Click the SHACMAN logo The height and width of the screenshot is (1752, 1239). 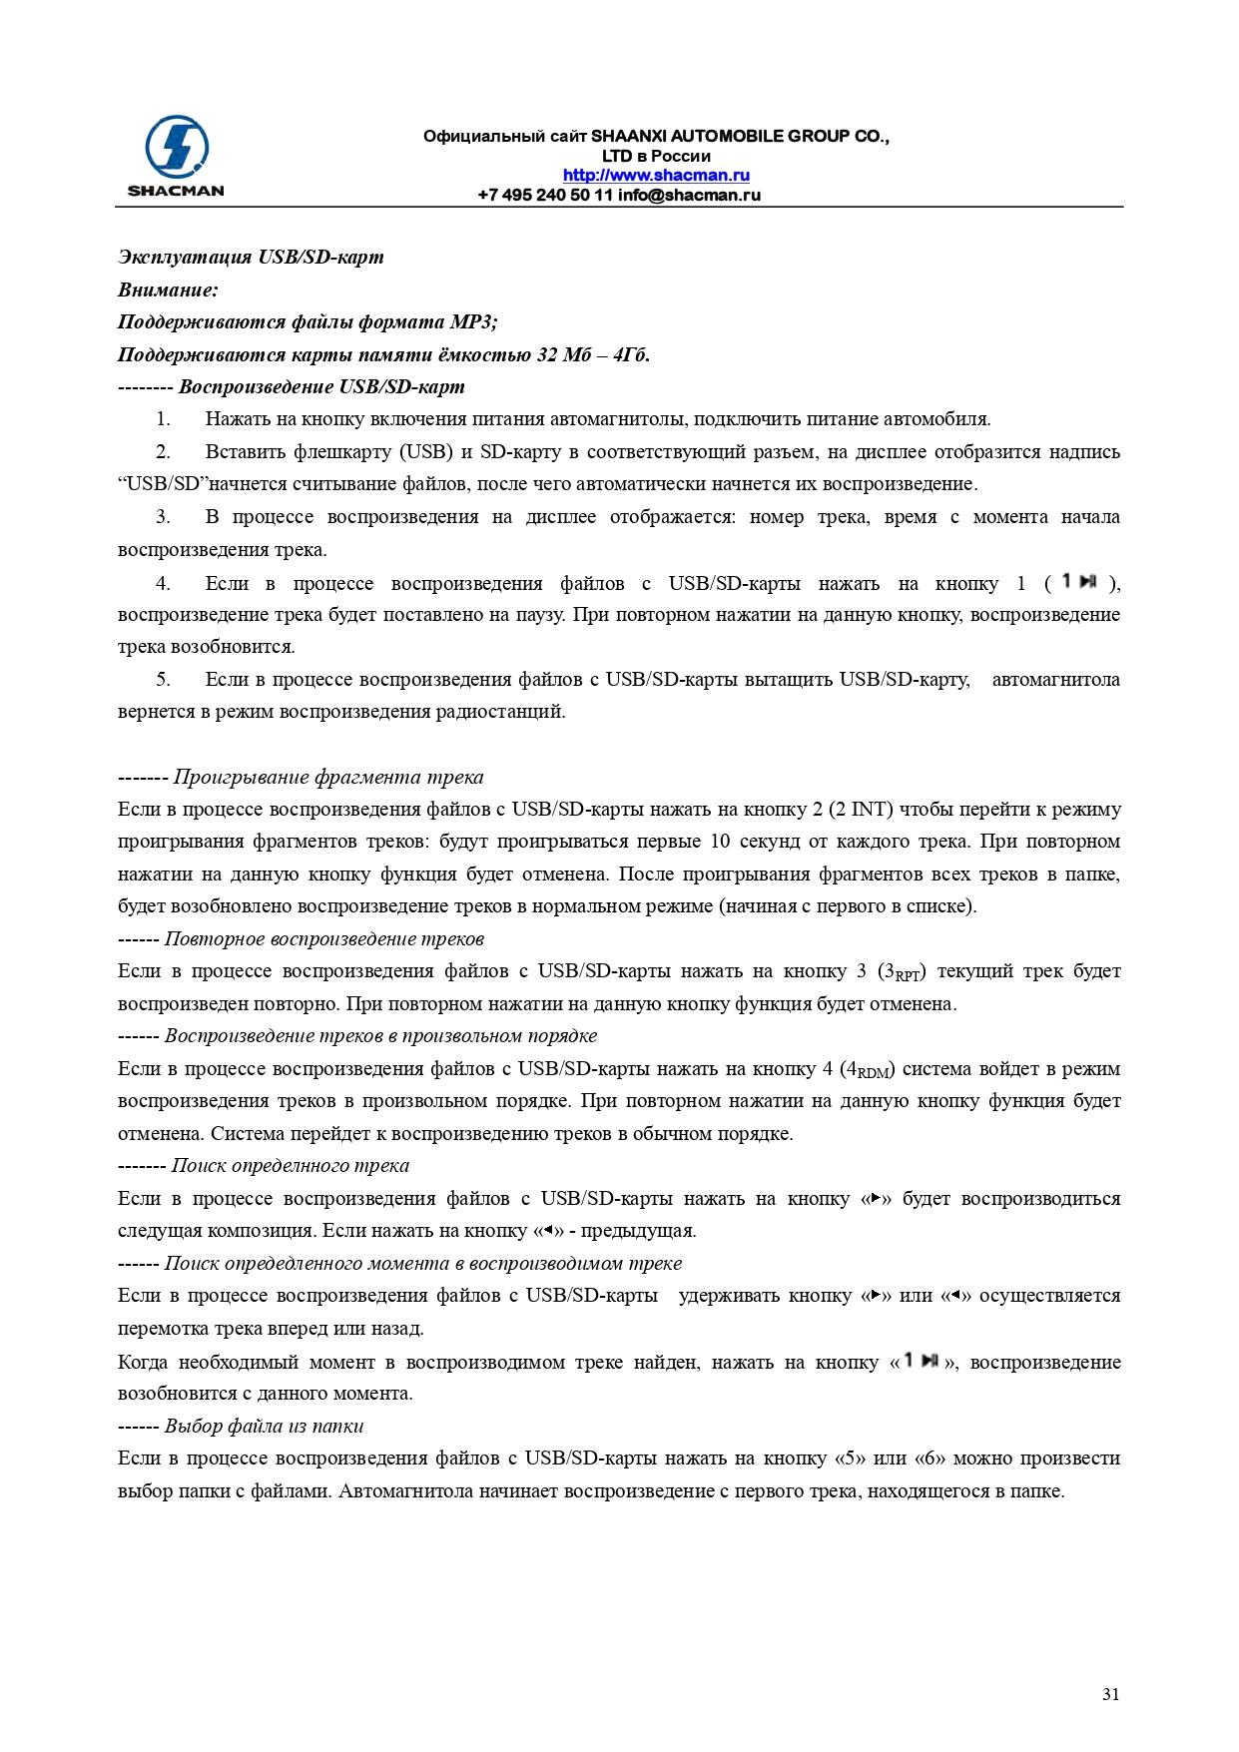coord(176,156)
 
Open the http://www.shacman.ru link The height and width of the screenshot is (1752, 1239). coord(656,176)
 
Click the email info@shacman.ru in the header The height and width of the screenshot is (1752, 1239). coord(689,195)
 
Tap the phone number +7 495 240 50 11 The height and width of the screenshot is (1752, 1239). coord(545,195)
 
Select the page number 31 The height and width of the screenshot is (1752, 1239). coord(1110,1693)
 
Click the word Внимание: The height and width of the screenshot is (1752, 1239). coord(168,290)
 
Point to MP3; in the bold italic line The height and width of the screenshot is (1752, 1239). coord(473,321)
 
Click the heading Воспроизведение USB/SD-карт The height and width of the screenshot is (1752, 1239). coord(321,386)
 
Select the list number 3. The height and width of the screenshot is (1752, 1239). coord(163,517)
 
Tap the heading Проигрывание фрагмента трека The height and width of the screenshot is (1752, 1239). coord(328,777)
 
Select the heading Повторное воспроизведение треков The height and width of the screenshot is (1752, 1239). coord(324,938)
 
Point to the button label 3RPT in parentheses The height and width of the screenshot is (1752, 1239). coord(902,971)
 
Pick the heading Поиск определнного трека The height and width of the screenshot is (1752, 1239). coord(291,1165)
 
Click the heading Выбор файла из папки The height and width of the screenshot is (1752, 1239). coord(265,1426)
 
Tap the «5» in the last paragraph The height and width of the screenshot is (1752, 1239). coord(850,1459)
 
